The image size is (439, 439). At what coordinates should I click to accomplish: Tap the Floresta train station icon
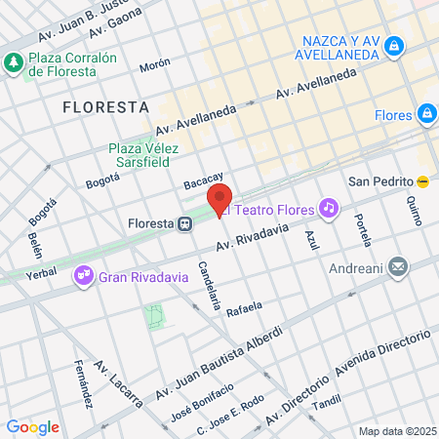tap(183, 223)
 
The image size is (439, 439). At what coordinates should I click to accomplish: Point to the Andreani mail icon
tap(398, 265)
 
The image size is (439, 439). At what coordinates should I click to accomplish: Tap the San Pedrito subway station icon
tap(422, 182)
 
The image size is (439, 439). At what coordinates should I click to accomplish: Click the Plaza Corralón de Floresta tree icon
tap(13, 64)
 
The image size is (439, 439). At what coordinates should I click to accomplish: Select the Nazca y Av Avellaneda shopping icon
tap(393, 45)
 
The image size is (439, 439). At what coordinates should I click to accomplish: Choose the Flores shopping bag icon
tap(426, 114)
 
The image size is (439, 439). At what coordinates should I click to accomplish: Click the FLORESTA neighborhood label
tap(105, 105)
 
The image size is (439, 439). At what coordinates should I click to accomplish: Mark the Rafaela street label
tap(244, 310)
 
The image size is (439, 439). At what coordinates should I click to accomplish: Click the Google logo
tap(33, 426)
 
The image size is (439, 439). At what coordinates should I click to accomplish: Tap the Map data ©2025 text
tap(396, 431)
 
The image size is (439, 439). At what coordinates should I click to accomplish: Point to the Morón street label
tap(154, 66)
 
